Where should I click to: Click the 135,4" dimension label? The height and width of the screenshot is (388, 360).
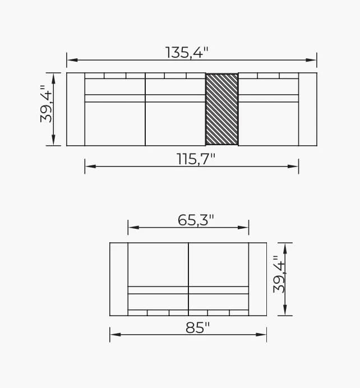(187, 52)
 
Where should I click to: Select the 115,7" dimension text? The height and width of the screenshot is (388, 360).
(192, 159)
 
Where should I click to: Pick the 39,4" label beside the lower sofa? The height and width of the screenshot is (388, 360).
(280, 274)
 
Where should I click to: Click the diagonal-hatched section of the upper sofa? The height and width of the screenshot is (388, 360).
(222, 109)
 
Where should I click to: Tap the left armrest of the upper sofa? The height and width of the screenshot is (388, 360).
(76, 109)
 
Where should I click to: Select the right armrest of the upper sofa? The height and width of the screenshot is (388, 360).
(307, 109)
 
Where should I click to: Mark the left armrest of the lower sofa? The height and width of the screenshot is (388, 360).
(119, 279)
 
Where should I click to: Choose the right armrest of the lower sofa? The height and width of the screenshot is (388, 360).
(257, 279)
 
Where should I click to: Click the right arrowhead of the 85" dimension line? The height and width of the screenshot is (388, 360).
(263, 335)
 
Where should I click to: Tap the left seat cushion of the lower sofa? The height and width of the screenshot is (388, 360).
(158, 264)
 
